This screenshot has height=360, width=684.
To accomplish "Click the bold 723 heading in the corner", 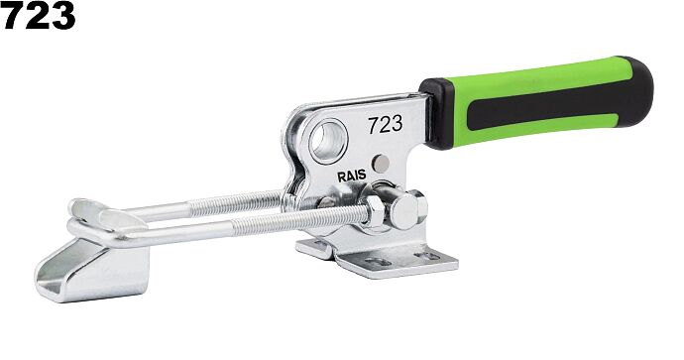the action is (38, 15).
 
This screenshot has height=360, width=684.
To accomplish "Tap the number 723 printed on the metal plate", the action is (386, 125).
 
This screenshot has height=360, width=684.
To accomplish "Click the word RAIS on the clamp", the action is (352, 176).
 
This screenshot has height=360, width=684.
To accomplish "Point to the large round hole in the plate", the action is (328, 141).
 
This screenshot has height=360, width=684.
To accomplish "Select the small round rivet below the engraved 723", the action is (381, 164).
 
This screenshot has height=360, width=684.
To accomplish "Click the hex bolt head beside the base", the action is (407, 210).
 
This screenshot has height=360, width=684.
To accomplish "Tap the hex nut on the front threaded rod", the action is (374, 211).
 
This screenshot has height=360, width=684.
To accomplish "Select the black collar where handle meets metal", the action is (438, 114).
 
